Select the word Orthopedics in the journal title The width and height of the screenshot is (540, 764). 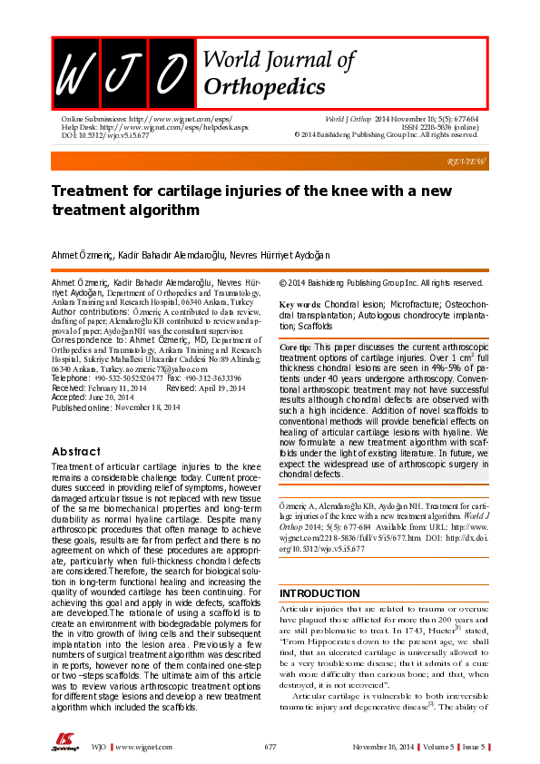tap(265, 87)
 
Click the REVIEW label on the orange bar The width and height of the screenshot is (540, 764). tap(466, 161)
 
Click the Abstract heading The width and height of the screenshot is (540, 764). tap(75, 451)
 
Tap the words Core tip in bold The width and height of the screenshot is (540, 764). tap(295, 348)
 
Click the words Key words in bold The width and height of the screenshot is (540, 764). tap(299, 303)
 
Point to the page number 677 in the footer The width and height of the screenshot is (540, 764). tap(270, 746)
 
